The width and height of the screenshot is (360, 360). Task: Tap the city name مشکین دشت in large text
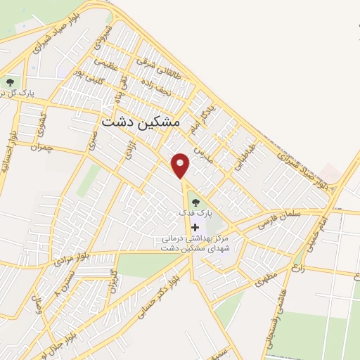pos(141,122)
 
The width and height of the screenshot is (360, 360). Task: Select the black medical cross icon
pos(195,227)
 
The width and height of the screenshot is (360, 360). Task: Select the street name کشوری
pos(44,118)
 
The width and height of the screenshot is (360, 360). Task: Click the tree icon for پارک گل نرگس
pos(8,82)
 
